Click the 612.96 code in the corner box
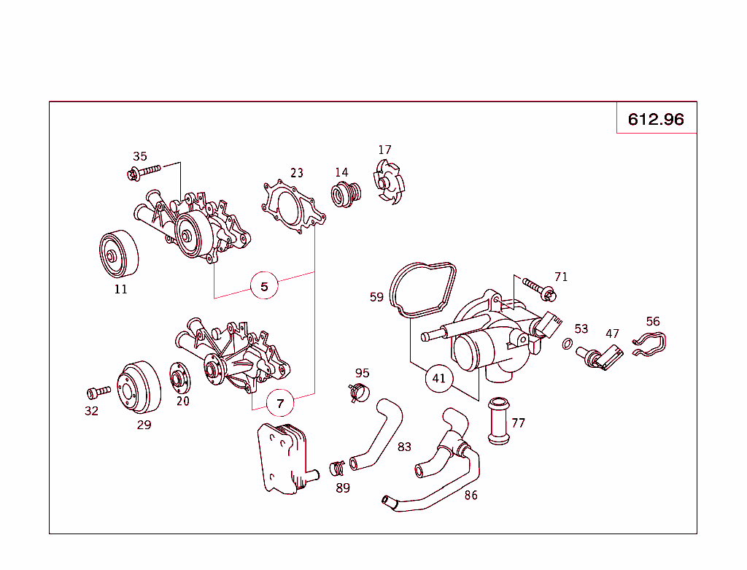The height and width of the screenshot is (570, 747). [x=656, y=119]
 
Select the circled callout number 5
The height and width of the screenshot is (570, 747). [x=264, y=286]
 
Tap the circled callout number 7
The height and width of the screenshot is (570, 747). [x=280, y=402]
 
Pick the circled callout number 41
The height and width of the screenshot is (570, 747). [x=438, y=378]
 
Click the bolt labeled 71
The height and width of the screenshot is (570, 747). [x=540, y=290]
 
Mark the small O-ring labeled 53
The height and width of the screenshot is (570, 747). [x=567, y=343]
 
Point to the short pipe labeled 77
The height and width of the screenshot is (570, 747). [x=498, y=420]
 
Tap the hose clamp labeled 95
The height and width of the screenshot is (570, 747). [x=358, y=393]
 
